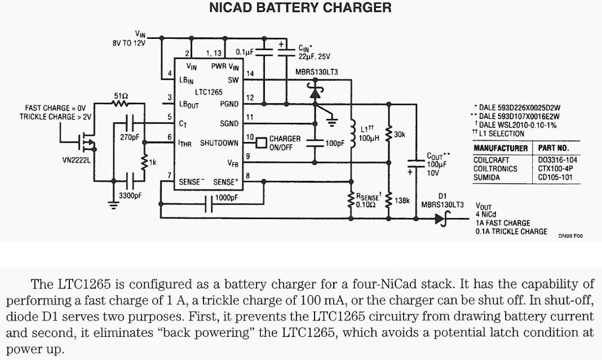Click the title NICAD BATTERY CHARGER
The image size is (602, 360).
click(300, 8)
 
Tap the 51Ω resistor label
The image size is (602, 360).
click(121, 96)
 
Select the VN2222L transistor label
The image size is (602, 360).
click(78, 160)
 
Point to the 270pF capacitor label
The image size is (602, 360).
click(129, 137)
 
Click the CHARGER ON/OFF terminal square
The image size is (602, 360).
click(260, 143)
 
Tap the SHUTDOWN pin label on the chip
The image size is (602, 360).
click(219, 143)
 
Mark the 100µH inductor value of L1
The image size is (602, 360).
click(369, 137)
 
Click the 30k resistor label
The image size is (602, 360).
click(400, 134)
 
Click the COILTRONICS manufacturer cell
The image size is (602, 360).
click(495, 168)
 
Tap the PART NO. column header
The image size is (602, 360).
click(554, 149)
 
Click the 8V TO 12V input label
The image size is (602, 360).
click(129, 43)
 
